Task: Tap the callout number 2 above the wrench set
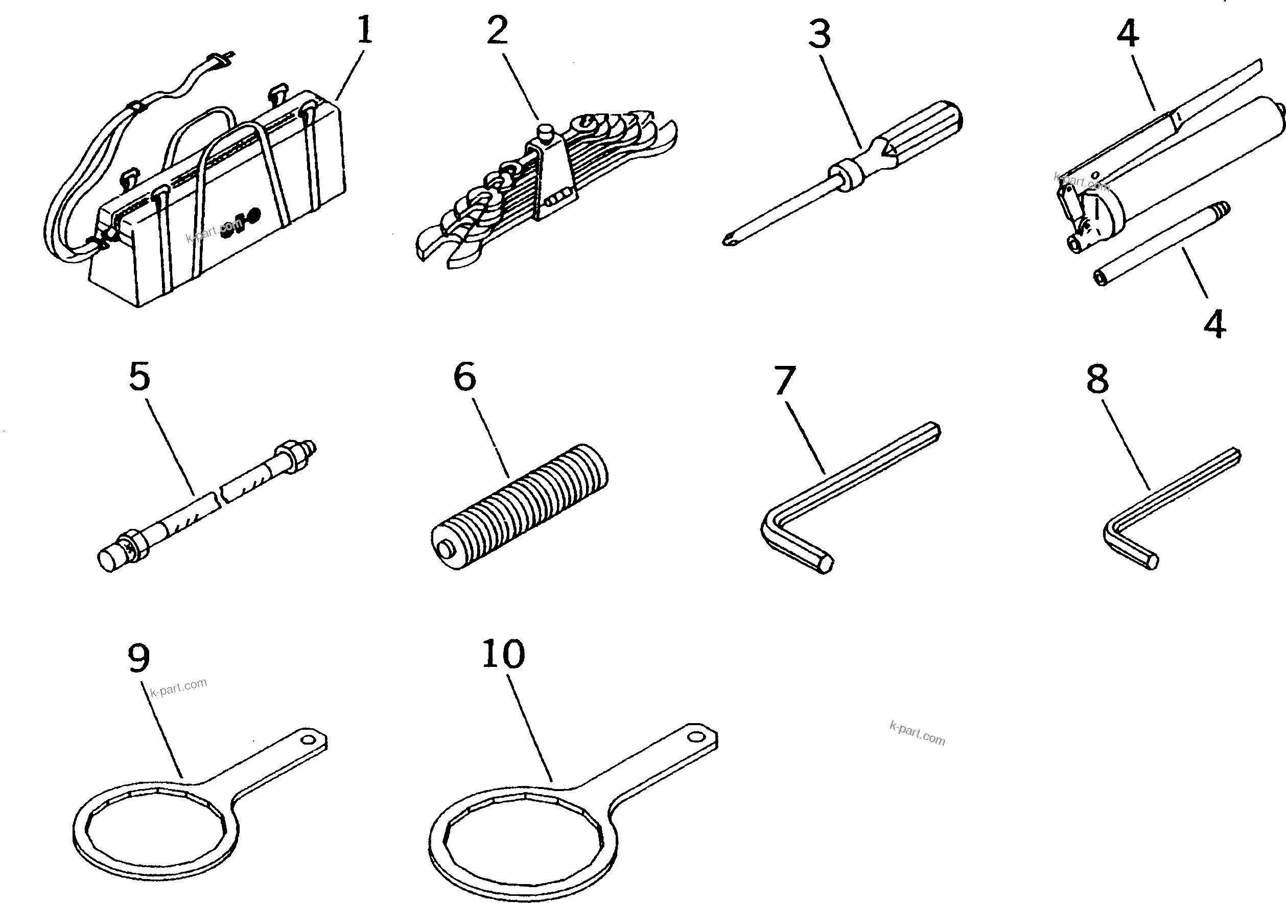497,30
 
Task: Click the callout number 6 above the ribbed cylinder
464,377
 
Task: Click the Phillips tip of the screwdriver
729,241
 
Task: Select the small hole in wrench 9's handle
308,740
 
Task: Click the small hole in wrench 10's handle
696,736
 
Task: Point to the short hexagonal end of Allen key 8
1151,561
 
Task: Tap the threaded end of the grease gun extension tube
1223,210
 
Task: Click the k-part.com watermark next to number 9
179,687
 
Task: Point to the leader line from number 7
804,437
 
